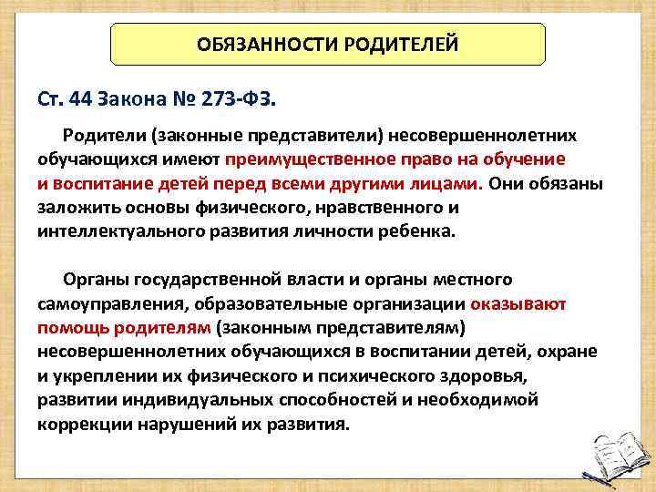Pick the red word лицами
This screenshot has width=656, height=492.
coord(452,183)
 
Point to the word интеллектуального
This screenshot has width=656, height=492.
coord(111,231)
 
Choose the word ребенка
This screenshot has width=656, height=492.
coord(408,231)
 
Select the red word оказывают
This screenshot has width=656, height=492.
coord(519,302)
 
